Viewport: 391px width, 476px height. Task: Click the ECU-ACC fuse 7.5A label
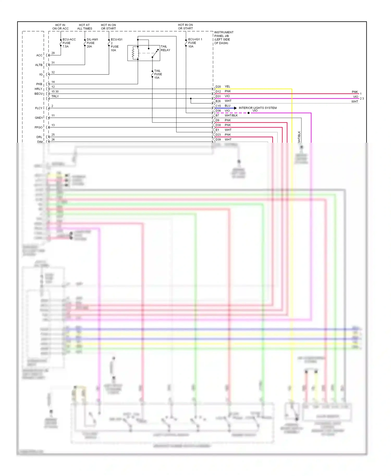pos(69,43)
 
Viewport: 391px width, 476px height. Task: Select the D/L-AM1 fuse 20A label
pos(92,43)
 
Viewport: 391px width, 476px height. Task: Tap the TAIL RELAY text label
pos(165,48)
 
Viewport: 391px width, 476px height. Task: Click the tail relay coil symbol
pos(133,53)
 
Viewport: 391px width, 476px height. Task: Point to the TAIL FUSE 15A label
pos(158,74)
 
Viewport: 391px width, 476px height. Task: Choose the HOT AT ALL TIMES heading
pos(84,27)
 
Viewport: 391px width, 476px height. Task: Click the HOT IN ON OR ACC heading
pos(60,27)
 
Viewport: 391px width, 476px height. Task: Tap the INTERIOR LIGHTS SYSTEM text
pos(258,108)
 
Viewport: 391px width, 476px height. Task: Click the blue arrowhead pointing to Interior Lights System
pos(235,108)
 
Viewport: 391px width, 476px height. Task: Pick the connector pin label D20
pos(218,87)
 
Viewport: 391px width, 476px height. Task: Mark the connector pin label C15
pos(218,106)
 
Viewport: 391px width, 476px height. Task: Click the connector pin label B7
pos(217,116)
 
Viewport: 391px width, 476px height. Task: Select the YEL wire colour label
pos(227,86)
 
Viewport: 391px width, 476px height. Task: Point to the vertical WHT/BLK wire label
pos(299,137)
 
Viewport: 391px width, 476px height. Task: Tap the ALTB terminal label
pos(39,65)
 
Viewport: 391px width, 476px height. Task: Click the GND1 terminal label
pos(39,118)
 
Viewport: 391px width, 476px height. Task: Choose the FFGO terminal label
pos(38,127)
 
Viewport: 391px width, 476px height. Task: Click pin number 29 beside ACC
pos(53,53)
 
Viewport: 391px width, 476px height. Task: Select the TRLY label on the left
pos(55,96)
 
